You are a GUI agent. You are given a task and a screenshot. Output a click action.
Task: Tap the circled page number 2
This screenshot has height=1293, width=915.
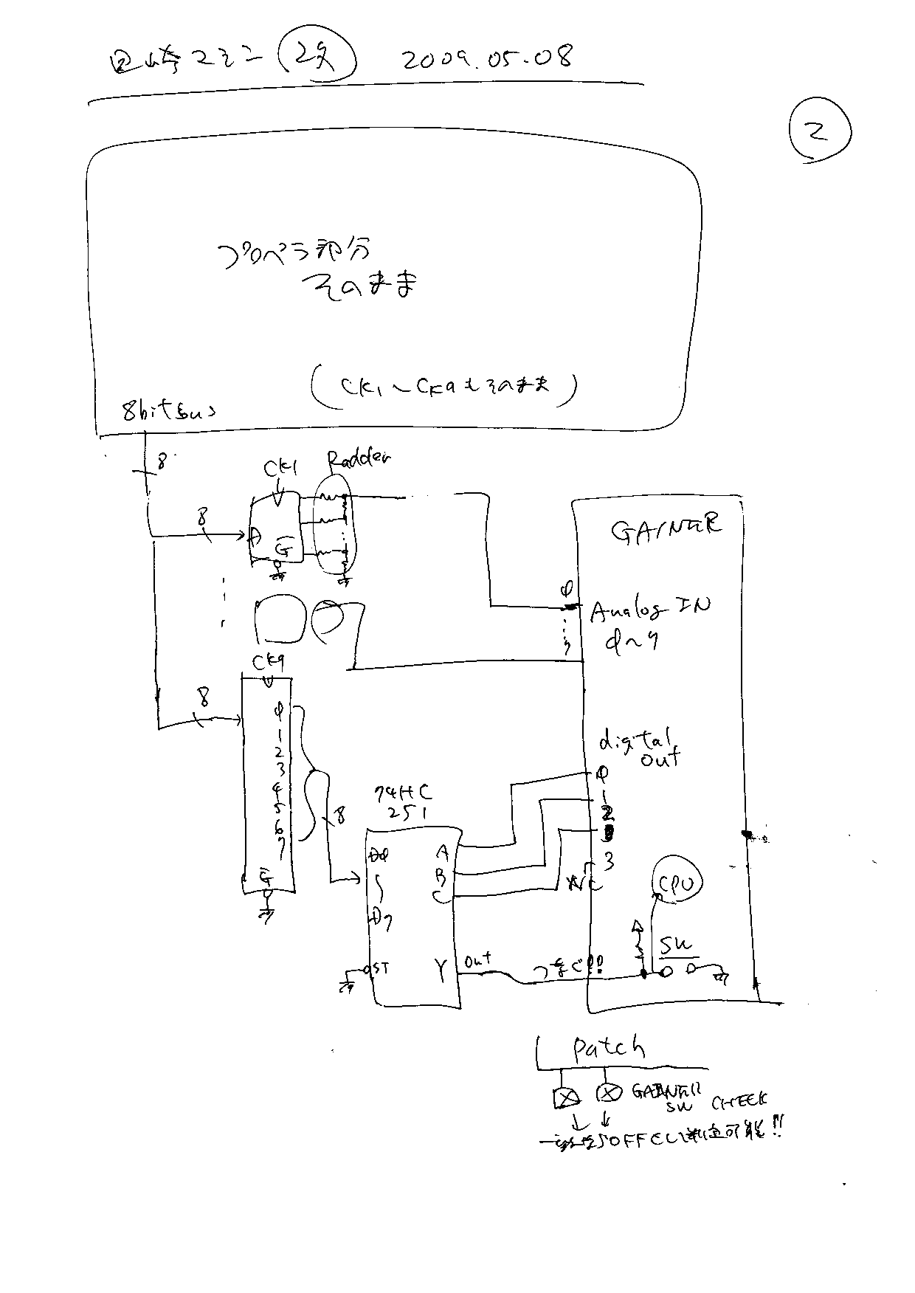[x=819, y=131]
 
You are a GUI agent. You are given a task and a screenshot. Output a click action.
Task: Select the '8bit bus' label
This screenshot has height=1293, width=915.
[x=170, y=412]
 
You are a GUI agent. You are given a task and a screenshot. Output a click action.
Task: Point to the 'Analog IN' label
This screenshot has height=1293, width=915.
[x=650, y=608]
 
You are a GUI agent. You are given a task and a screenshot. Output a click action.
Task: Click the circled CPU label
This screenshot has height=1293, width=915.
[x=677, y=883]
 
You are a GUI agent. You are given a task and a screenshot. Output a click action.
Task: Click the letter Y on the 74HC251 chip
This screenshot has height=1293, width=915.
[x=441, y=971]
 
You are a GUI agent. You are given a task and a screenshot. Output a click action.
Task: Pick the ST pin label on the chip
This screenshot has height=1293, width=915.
[x=381, y=968]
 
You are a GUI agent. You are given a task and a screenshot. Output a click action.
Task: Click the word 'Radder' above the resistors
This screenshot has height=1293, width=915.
[x=359, y=461]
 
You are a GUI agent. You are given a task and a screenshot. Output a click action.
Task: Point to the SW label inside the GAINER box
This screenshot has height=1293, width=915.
[x=675, y=945]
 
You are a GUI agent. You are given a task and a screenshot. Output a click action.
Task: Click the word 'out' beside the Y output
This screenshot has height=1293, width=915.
[x=478, y=961]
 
